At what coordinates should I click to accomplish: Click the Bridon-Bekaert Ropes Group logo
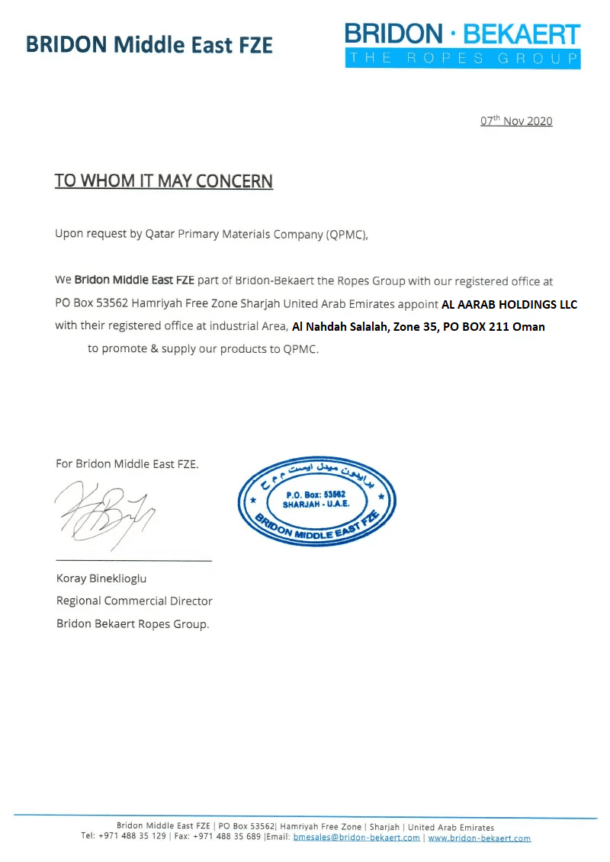pos(462,44)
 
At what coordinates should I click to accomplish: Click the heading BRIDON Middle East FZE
pos(149,44)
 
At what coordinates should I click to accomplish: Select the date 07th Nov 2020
pos(516,121)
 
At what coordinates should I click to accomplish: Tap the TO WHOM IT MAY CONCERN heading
pos(163,181)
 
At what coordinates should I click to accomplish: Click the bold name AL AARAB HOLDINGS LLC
pos(509,304)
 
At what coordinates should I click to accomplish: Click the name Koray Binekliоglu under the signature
pos(101,578)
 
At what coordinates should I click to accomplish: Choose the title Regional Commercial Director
pos(134,601)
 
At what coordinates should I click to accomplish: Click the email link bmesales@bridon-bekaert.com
pos(356,838)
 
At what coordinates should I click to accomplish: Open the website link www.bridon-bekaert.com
pos(479,838)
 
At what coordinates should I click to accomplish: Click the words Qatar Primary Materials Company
pos(234,234)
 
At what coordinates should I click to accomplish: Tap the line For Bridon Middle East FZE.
pos(127,463)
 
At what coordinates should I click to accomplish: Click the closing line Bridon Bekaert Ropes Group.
pos(133,623)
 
